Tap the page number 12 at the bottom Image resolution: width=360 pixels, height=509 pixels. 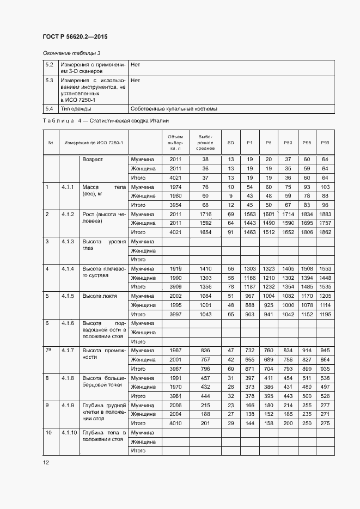point(46,462)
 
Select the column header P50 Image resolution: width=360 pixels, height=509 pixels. point(288,142)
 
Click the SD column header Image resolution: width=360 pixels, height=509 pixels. point(230,142)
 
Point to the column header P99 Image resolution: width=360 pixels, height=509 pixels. point(325,142)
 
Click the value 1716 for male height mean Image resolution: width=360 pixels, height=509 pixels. point(205,214)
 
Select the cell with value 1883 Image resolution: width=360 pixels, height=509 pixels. point(325,214)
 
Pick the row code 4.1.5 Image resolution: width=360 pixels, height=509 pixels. point(68,296)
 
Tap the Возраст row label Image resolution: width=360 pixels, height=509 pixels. point(93,160)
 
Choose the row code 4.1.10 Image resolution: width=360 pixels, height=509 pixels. point(69,432)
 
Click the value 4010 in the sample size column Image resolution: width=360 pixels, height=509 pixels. point(175,423)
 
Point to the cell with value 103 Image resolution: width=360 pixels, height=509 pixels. point(325,187)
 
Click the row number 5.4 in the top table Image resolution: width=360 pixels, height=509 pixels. point(49,108)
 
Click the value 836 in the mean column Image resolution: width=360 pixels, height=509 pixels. point(205,350)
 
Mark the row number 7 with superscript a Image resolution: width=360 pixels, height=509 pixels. point(48,350)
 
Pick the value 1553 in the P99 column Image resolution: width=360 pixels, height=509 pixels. point(325,268)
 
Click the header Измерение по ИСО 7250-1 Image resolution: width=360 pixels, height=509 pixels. point(94,142)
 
